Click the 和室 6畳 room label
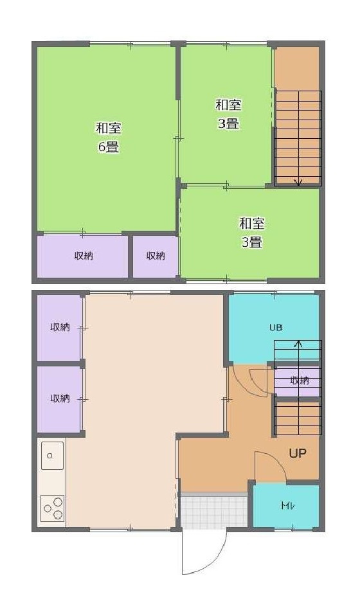pos(108,137)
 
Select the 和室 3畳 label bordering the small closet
pos(252,233)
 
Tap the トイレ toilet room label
pos(287,505)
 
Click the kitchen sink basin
pos(52,456)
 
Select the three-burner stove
pos(52,508)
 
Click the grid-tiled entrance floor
pos(213,510)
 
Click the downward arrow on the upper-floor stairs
pos(298,181)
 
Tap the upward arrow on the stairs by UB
pos(298,345)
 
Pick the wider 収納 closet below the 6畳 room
pos(83,256)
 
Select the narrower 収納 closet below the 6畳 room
pos(155,256)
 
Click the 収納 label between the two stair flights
pos(299,381)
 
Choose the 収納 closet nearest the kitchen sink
pos(60,399)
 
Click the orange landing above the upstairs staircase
pos(297,67)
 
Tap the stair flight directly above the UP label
pos(298,417)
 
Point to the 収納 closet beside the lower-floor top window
pos(60,328)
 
